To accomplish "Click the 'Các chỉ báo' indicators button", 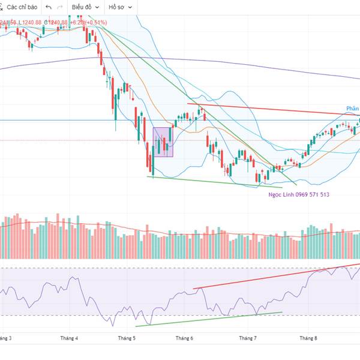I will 21,7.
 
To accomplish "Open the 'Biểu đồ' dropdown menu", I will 83,7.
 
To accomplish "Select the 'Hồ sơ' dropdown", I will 120,7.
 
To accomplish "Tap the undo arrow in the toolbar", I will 49,7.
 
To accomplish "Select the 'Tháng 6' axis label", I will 184,338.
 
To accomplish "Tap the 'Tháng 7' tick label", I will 248,338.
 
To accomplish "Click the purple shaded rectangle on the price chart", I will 163,142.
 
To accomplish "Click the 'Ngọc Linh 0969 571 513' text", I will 299,195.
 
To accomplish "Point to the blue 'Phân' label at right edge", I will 352,109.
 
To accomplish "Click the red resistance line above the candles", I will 270,109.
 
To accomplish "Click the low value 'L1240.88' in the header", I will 30,23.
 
